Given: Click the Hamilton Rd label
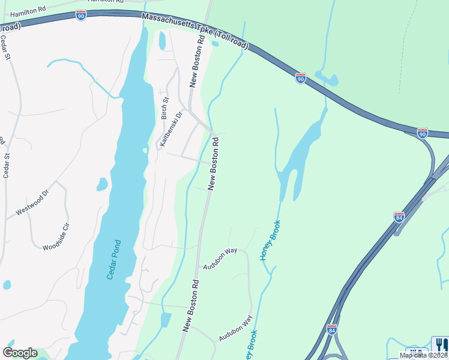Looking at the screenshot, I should coord(28,11).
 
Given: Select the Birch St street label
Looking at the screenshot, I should coord(165,108).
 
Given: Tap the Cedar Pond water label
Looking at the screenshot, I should coord(114,259).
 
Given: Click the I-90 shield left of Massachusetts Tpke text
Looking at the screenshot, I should coord(82,15).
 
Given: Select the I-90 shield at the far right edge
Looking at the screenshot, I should coord(423,133).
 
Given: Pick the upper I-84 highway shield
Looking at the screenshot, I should coord(399,217).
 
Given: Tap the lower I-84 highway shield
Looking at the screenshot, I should coord(332,329).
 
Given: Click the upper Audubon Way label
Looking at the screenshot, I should coord(220,259).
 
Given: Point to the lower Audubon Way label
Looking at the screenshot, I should coord(235,329).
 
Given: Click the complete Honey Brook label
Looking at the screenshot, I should coord(270,240).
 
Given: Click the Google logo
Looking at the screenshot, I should coord(20,353).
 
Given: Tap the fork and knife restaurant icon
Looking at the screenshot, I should coord(439,344).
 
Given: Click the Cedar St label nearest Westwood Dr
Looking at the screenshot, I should coord(7,166).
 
